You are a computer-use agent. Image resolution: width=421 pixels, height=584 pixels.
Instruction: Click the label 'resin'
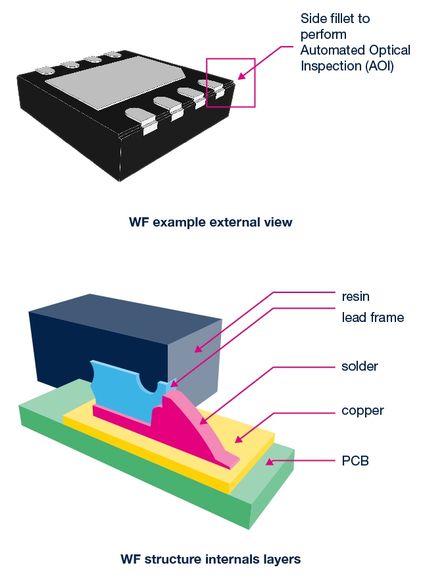coord(355,296)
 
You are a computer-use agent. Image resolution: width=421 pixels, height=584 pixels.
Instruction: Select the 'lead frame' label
coord(372,317)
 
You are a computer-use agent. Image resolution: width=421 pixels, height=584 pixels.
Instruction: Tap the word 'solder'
coord(360,366)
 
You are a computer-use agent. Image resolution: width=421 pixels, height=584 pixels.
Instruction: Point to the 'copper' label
coord(362,411)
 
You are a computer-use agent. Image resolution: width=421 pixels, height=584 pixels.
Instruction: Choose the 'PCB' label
coord(355,460)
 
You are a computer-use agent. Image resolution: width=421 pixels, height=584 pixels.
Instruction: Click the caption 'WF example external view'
coord(210,222)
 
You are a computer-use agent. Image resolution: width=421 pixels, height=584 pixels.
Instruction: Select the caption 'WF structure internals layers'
coord(210,559)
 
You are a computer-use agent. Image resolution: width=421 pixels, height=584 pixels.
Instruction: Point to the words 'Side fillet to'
coord(335,18)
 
